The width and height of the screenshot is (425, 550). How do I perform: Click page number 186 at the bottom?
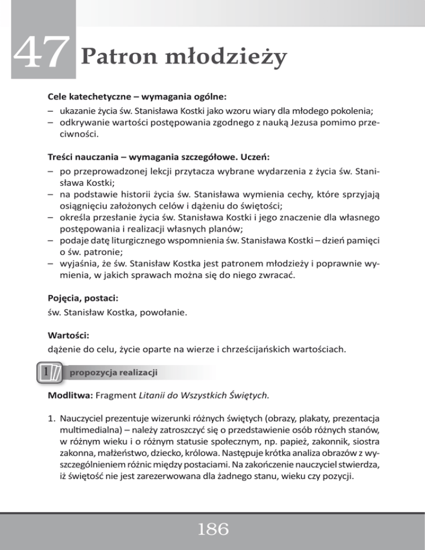(x=212, y=530)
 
